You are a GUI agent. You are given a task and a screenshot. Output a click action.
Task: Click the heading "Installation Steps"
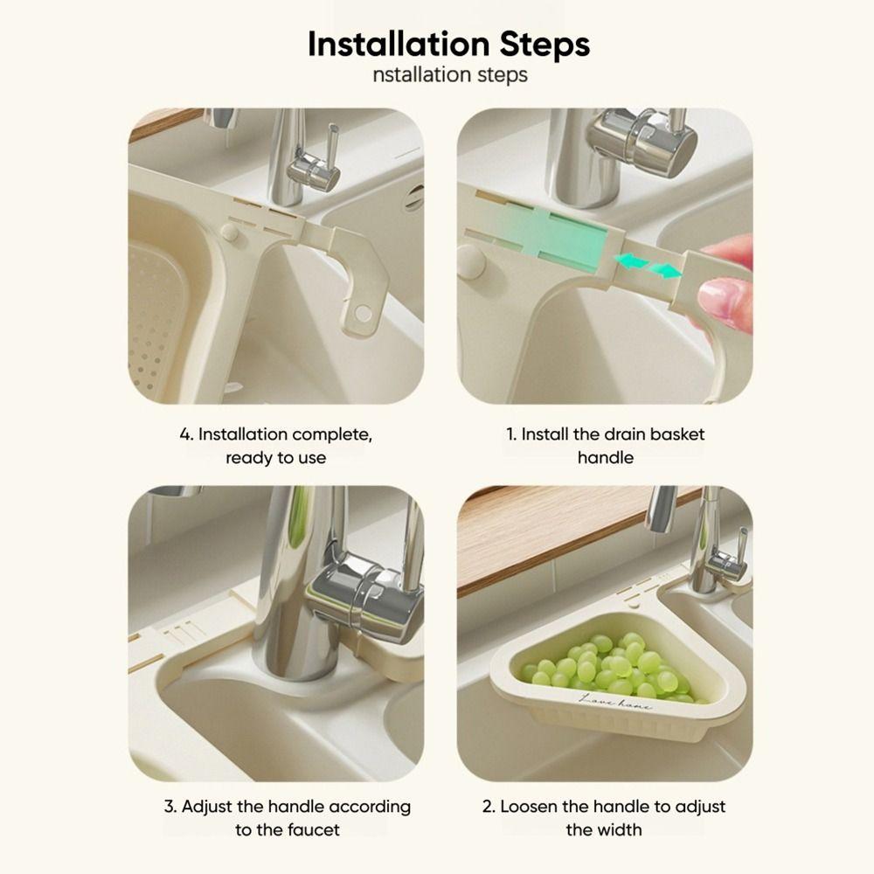(x=448, y=44)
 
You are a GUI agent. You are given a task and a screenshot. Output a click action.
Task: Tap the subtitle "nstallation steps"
(x=449, y=75)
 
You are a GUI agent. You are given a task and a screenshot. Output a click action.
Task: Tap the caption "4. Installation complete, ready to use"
(x=275, y=446)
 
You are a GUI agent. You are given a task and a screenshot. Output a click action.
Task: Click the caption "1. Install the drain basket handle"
(x=605, y=446)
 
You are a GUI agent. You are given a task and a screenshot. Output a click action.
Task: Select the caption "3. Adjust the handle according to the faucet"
(x=288, y=817)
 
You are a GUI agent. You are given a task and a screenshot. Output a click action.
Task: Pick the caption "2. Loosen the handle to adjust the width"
(x=604, y=817)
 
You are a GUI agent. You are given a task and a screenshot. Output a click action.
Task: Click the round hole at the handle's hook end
(x=361, y=312)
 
